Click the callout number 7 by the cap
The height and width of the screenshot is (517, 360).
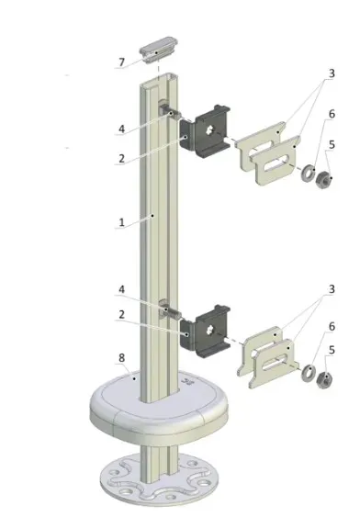point(121,62)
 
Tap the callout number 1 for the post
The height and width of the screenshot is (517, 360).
point(121,222)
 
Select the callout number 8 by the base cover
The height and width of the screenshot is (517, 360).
point(121,358)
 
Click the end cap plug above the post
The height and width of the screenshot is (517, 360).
point(159,50)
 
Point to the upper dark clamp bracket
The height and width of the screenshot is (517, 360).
point(205,131)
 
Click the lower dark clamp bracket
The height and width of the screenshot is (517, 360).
point(205,332)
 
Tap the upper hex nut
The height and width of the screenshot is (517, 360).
point(324,180)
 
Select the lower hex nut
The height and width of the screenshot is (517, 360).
point(324,380)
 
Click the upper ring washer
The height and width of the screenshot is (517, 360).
point(308,173)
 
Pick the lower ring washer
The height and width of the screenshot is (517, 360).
point(309,373)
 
